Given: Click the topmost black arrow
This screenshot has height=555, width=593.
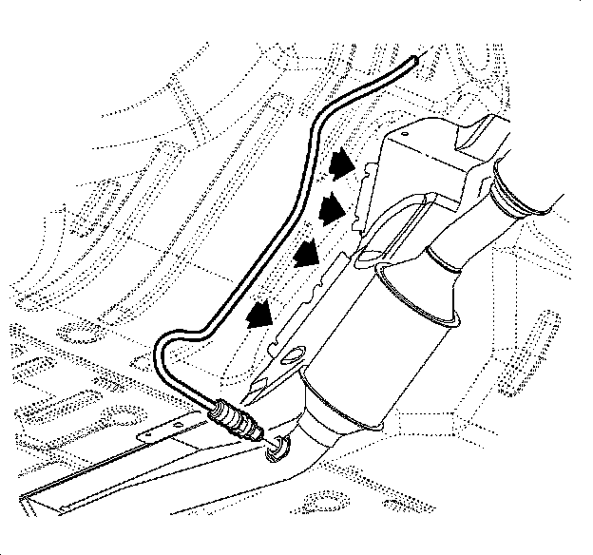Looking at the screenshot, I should click(337, 167).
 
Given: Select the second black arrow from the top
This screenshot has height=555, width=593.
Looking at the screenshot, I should click(330, 207).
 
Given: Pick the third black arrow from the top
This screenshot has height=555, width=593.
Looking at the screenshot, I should click(305, 253).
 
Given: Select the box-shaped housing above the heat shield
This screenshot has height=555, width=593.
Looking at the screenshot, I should click(428, 162).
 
